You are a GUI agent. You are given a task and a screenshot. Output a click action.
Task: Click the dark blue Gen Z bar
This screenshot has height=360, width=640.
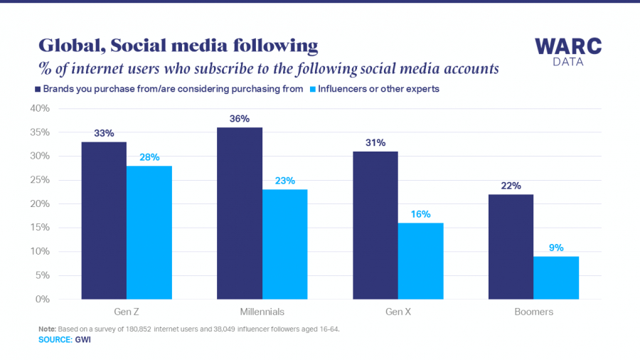click(x=104, y=221)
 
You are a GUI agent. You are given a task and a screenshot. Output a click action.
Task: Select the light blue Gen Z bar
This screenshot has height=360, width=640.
click(x=149, y=232)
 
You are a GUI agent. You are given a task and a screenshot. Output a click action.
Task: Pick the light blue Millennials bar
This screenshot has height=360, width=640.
click(x=285, y=244)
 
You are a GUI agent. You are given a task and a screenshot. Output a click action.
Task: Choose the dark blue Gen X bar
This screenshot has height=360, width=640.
click(x=375, y=225)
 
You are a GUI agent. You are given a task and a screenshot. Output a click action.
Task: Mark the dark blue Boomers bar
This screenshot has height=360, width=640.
click(x=511, y=246)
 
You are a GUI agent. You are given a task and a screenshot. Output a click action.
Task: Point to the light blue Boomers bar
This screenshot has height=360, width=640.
click(x=557, y=277)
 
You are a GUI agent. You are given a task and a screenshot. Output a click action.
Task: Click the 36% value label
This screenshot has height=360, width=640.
click(x=240, y=119)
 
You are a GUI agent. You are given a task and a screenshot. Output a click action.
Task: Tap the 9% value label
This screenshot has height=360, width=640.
click(x=557, y=248)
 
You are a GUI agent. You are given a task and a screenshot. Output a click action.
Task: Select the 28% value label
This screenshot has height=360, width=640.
click(x=149, y=157)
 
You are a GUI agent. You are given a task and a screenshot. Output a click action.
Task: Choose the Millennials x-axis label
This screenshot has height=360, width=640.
click(x=262, y=312)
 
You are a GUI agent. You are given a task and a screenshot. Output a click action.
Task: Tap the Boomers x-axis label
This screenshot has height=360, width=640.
click(x=534, y=312)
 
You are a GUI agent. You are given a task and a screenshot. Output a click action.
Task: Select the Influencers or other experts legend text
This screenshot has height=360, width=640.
click(x=379, y=90)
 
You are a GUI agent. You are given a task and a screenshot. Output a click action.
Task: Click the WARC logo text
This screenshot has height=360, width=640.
click(x=568, y=47)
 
